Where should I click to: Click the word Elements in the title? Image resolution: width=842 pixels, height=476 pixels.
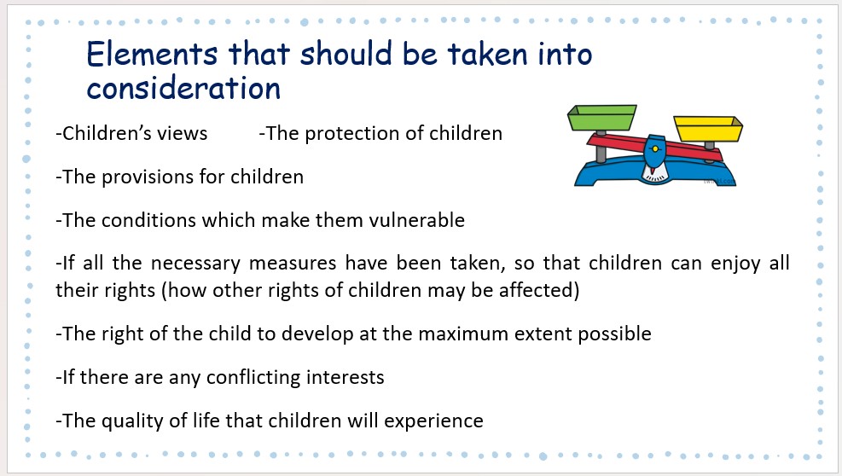point(152,54)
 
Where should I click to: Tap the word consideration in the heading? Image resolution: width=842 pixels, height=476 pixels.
point(183,88)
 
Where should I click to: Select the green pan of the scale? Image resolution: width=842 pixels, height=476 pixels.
point(602,118)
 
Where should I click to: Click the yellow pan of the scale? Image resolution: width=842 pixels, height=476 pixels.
point(708,129)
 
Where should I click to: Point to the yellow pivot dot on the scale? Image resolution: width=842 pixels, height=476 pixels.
point(655,148)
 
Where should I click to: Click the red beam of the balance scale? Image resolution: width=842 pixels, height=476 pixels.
point(654,148)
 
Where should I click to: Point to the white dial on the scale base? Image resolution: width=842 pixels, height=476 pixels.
point(655,172)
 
